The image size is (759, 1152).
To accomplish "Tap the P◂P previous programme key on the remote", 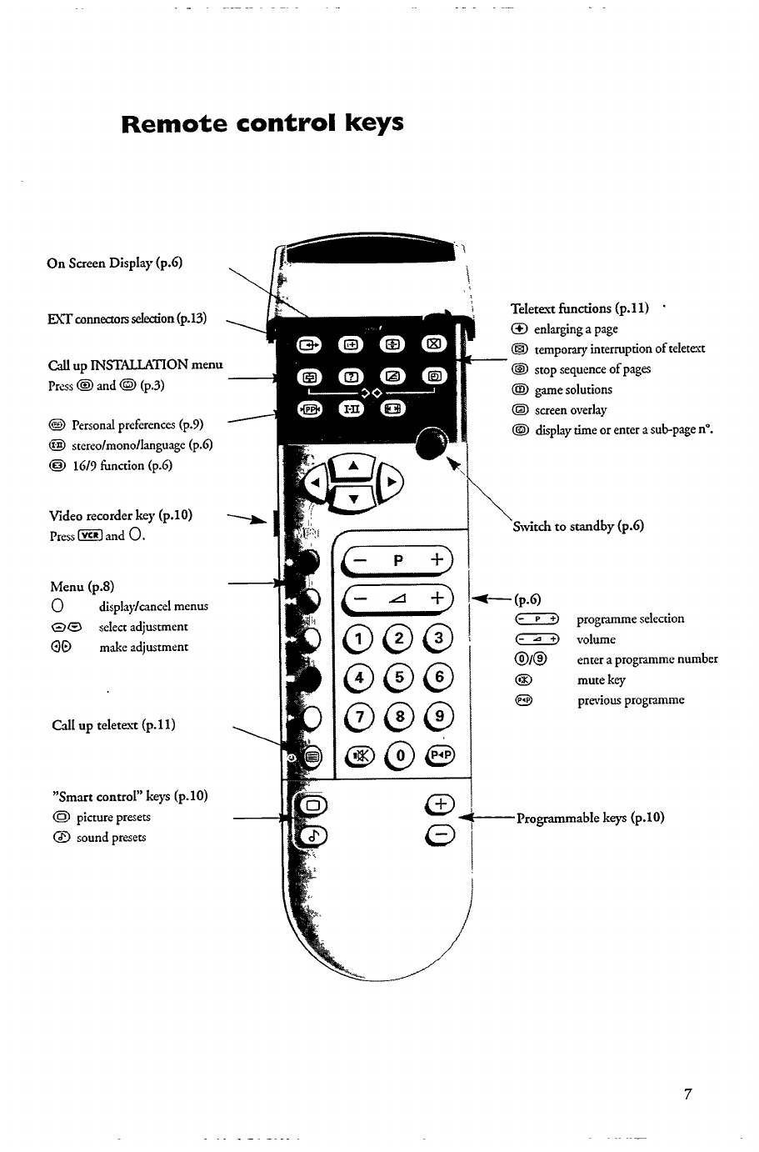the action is coord(439,755).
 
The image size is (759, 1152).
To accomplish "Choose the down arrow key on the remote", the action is coord(353,498).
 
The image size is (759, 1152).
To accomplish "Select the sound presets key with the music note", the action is coord(313,837).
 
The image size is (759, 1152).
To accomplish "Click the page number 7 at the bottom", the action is coord(688,1094).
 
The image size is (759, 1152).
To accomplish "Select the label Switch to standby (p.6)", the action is coord(577,526).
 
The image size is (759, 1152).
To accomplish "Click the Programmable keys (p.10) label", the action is coord(590,817).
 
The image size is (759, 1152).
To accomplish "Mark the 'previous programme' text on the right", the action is coord(631,700).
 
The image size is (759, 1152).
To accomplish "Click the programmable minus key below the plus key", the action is coord(439,836).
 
